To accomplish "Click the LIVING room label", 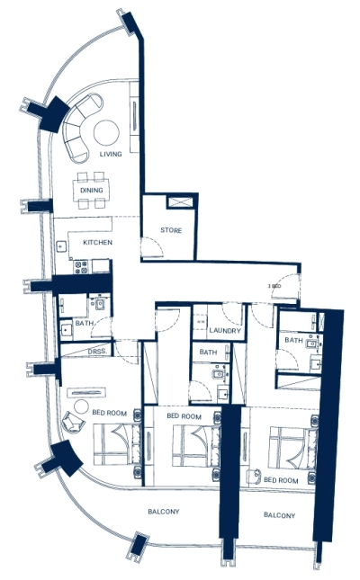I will tap(110, 155).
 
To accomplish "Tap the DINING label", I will tap(92, 191).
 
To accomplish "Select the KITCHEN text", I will tap(97, 244).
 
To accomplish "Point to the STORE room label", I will tap(171, 231).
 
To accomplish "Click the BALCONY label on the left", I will tap(164, 512).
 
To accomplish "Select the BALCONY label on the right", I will tap(280, 515).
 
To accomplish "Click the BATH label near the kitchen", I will tap(85, 323).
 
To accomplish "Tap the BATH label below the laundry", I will tap(208, 352).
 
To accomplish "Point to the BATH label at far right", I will tap(293, 340).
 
